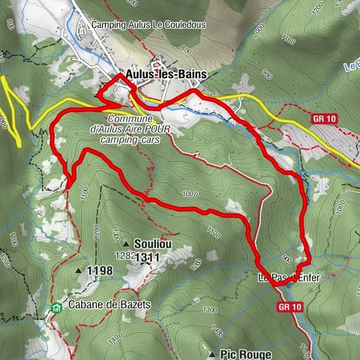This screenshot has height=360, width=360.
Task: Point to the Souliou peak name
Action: [x=149, y=244]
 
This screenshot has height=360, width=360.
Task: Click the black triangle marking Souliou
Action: [x=126, y=244]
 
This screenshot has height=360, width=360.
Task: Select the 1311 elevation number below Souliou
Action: [x=147, y=256]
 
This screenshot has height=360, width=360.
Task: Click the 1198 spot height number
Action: [x=100, y=271]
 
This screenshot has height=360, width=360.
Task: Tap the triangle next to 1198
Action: [x=78, y=271]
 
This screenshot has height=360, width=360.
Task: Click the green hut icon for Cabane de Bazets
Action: [x=57, y=307]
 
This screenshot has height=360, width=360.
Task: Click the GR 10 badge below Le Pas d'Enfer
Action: [x=288, y=307]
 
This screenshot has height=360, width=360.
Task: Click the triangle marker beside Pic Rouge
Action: [x=213, y=353]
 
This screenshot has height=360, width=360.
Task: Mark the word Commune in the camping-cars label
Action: [x=130, y=119]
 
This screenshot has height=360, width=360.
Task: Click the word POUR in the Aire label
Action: [x=164, y=129]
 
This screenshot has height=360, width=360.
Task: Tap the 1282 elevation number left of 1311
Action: [x=124, y=256]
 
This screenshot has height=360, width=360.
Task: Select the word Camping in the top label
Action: [x=109, y=25]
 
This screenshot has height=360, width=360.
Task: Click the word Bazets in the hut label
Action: [x=136, y=305]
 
